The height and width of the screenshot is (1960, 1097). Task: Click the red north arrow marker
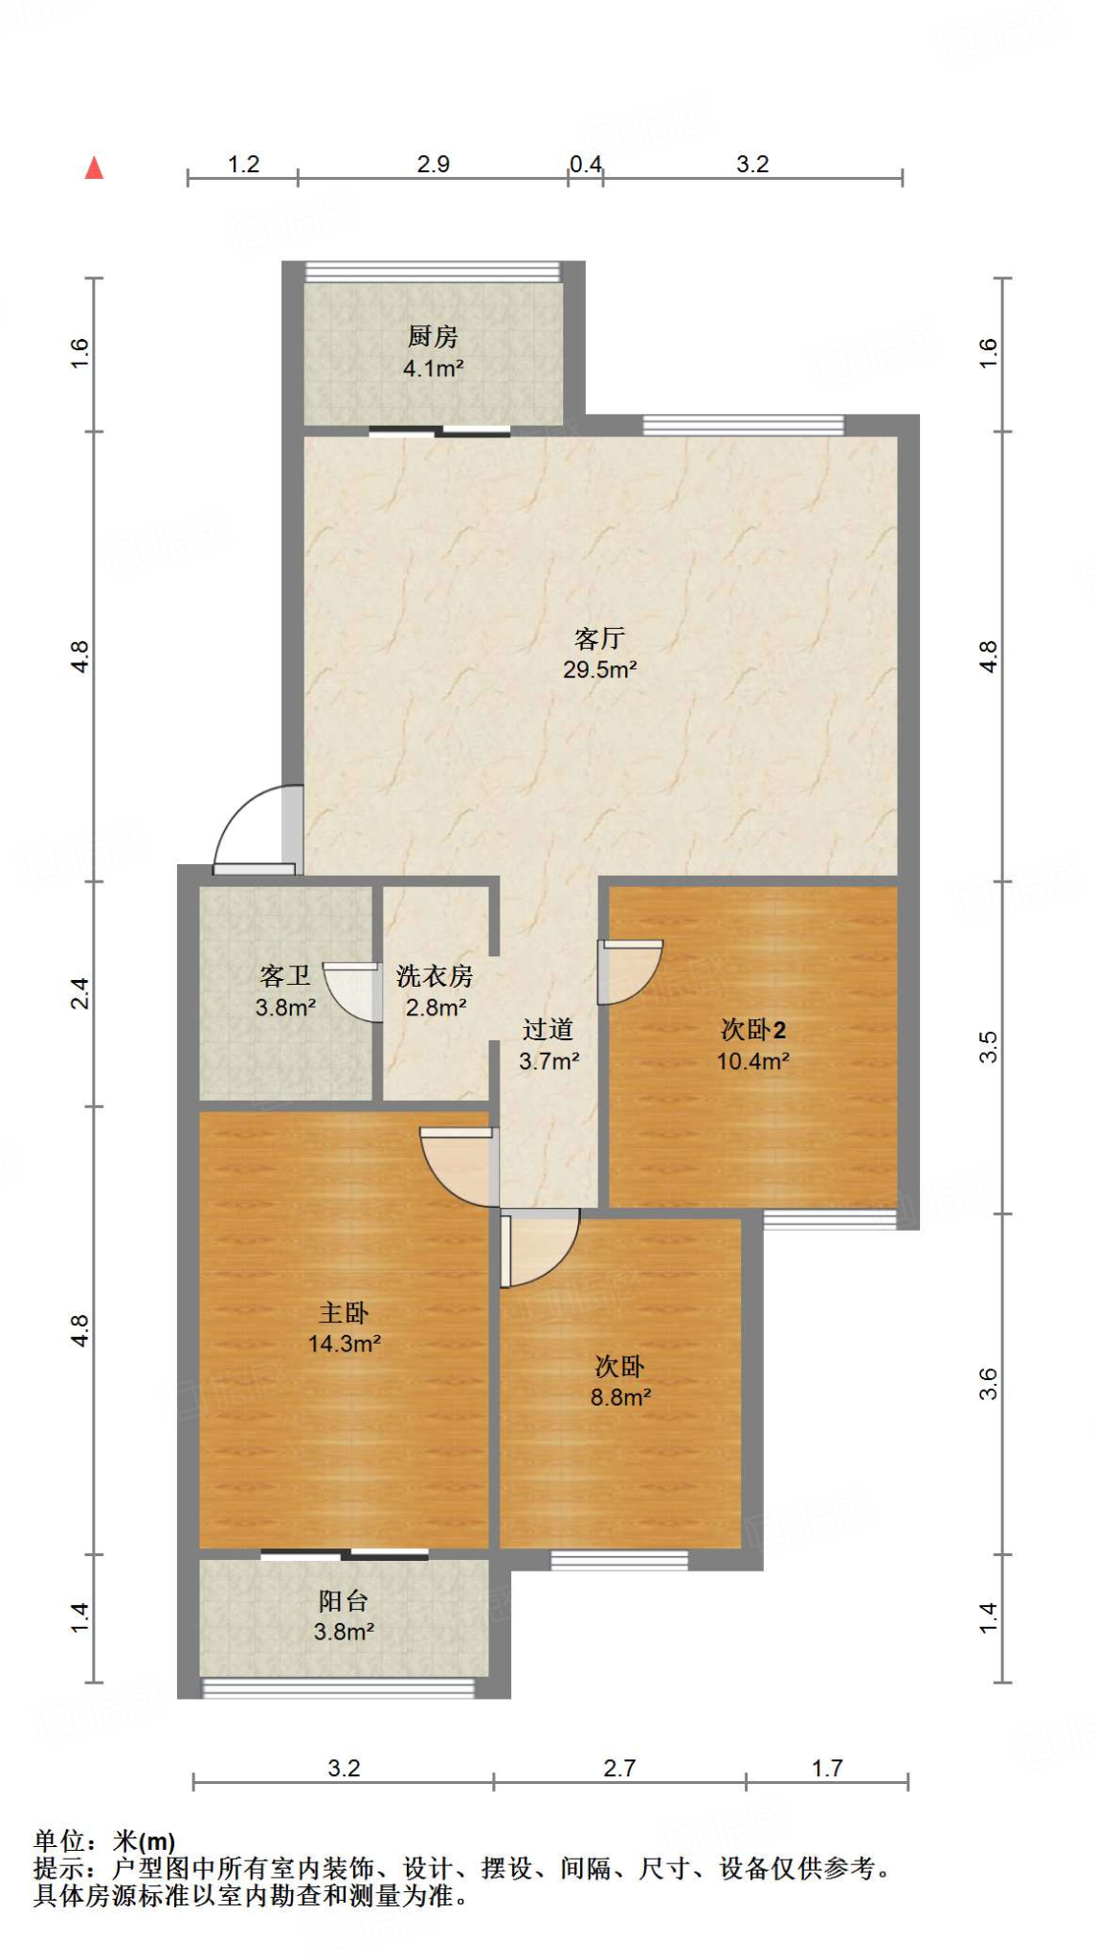coord(94,168)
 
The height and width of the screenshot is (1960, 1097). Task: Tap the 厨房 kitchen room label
coord(433,337)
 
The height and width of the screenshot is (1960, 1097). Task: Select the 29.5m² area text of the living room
coord(600,670)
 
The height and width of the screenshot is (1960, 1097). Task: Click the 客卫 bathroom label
coord(285,976)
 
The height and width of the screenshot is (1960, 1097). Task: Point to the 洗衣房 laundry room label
coord(435,976)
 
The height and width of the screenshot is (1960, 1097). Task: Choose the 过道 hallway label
coord(548,1030)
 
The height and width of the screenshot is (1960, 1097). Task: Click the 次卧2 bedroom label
coord(753,1030)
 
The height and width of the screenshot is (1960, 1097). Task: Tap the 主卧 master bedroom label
coord(344,1313)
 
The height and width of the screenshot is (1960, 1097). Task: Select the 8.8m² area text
coord(620,1397)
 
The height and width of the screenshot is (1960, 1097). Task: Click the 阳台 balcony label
coord(344,1600)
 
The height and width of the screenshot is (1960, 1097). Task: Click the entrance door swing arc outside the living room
coord(251,828)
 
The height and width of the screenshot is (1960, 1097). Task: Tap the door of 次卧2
coord(629,971)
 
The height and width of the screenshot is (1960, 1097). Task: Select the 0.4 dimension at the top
coord(586,164)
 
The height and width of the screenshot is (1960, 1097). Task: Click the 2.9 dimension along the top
coord(434,164)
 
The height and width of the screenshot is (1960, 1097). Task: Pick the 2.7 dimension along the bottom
coord(619,1768)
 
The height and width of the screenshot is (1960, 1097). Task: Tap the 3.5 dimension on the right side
coord(988,1046)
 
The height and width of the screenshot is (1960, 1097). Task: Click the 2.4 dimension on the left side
coord(80,992)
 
